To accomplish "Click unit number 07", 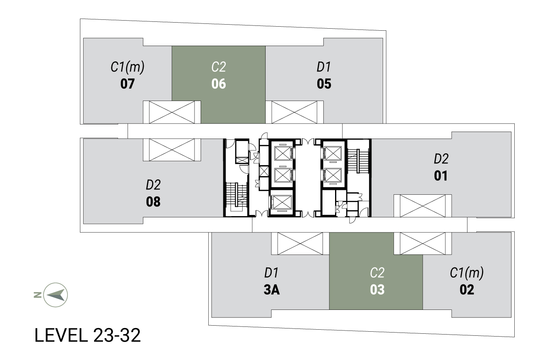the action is [x=127, y=84].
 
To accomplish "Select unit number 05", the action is [x=324, y=84].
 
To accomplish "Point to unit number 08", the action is [x=153, y=202].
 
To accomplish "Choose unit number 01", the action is [x=441, y=175].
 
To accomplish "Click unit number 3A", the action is [x=272, y=290].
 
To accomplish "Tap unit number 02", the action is [x=467, y=290].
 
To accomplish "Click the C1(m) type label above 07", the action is [x=128, y=67].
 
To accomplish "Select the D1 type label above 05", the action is [x=324, y=67].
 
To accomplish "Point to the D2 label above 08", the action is [x=153, y=185].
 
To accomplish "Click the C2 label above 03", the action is [x=377, y=273].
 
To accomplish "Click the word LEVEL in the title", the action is [x=61, y=335].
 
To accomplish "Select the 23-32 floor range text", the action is [x=117, y=335].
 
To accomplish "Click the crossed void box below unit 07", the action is [x=172, y=112].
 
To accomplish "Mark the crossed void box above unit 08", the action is [x=172, y=150].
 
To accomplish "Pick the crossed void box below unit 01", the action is [x=423, y=206].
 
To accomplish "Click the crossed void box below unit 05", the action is [x=295, y=112].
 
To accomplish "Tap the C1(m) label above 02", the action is [x=467, y=273].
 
